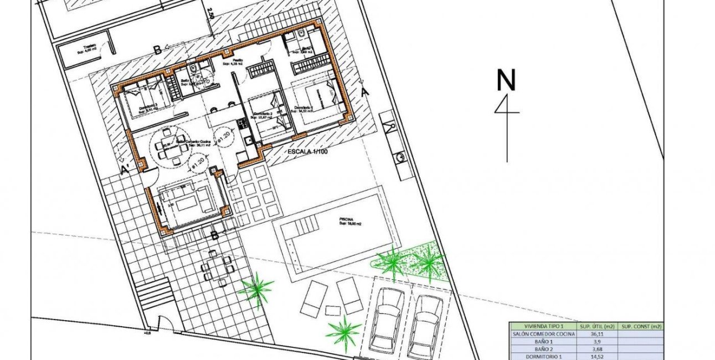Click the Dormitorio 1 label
point(304,108)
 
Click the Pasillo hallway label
point(237,61)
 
